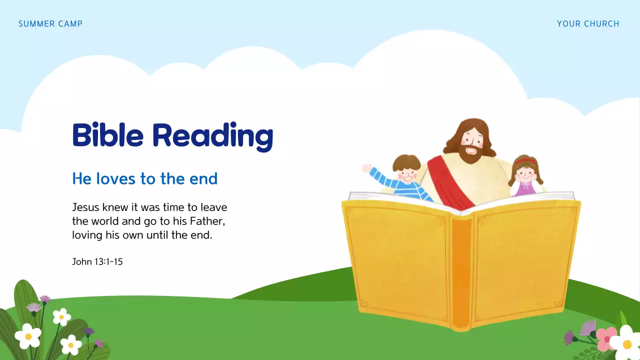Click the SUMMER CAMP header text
(50, 24)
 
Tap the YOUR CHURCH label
(588, 24)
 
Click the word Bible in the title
(108, 135)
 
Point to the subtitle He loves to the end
(145, 178)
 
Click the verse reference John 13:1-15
(97, 261)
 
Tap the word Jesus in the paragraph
(86, 207)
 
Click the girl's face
(524, 172)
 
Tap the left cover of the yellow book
(400, 260)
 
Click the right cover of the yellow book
(522, 260)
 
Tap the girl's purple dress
(525, 189)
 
